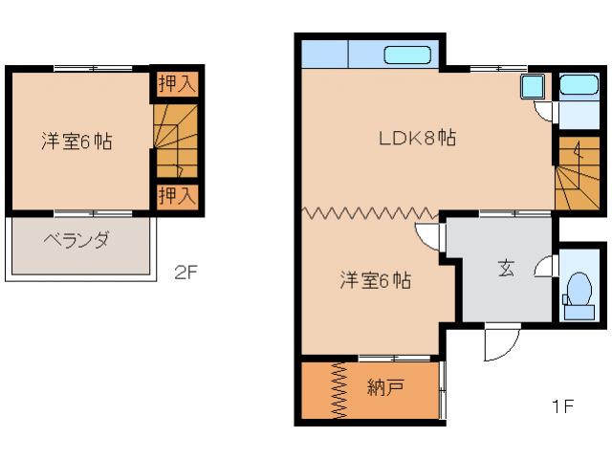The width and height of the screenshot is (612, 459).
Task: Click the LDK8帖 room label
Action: (x=416, y=138)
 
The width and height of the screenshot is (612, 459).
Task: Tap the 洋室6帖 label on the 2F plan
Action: (x=76, y=142)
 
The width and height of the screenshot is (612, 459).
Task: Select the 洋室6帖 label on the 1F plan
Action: (x=376, y=281)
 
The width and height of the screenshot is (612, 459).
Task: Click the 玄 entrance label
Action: (x=504, y=269)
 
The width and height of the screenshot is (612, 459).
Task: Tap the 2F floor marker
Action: (x=186, y=273)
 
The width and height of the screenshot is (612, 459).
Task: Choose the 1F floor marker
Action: (x=561, y=406)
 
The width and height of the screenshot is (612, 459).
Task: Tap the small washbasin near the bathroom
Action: (x=531, y=89)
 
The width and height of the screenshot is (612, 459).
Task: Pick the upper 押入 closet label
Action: (x=177, y=83)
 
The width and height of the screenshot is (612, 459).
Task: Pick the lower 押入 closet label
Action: (x=177, y=196)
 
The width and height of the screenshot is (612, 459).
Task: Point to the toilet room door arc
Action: (x=546, y=268)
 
